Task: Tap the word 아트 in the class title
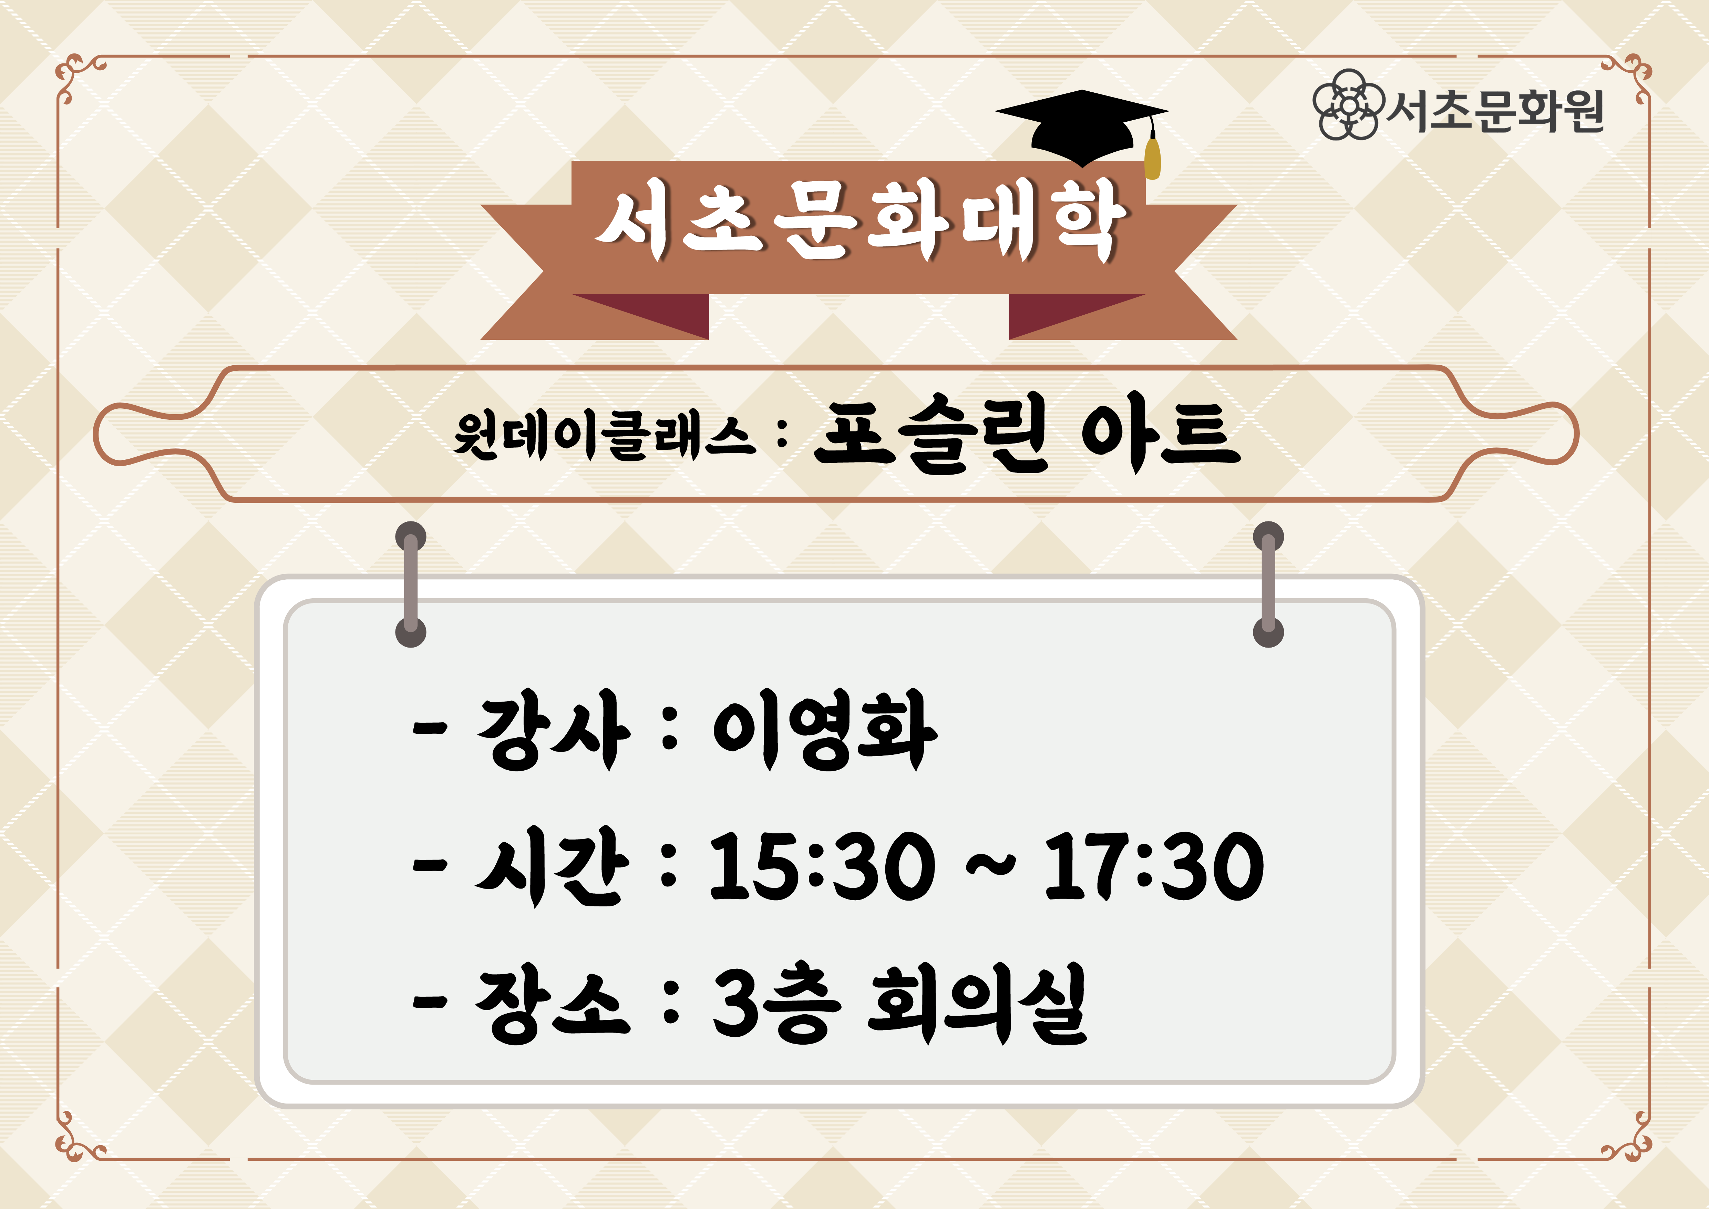tap(1161, 438)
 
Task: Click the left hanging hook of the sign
tap(411, 585)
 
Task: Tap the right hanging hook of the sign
tap(1268, 585)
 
